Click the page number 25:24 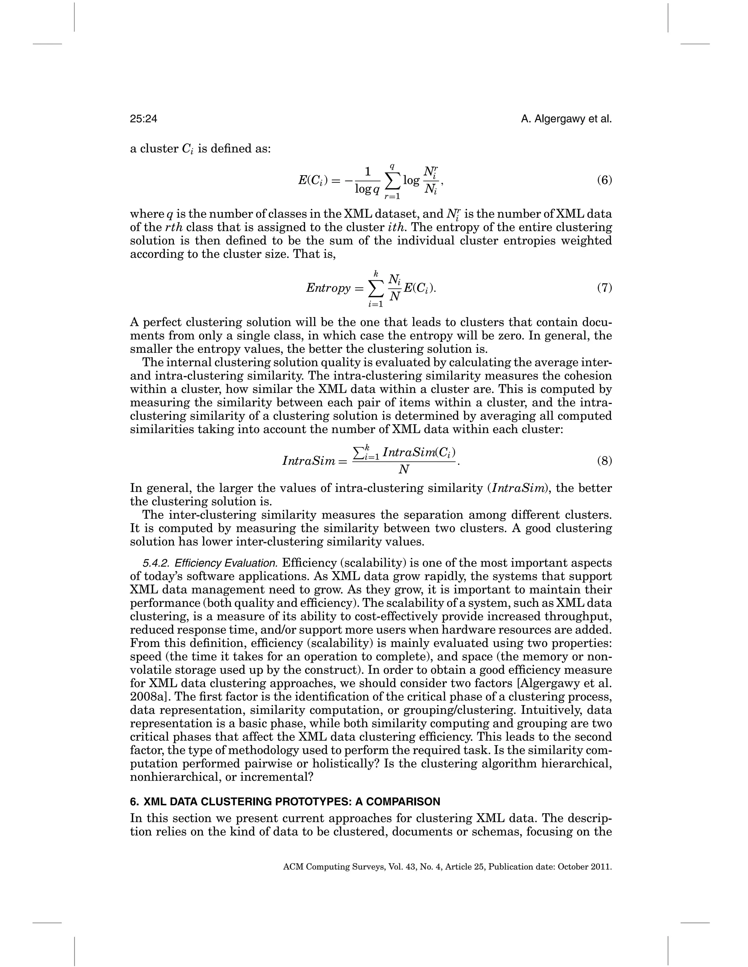pyautogui.click(x=144, y=119)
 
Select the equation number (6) pyautogui.click(x=604, y=180)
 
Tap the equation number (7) pyautogui.click(x=604, y=288)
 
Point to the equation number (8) pyautogui.click(x=604, y=461)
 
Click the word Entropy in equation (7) pyautogui.click(x=328, y=288)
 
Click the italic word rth pyautogui.click(x=173, y=228)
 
